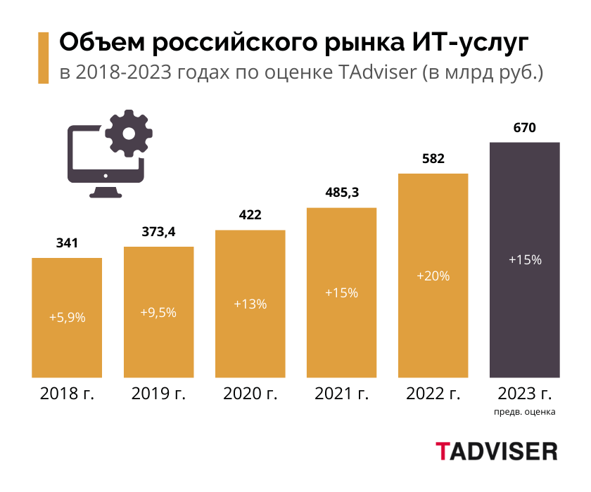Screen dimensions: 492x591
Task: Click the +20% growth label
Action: coord(433,276)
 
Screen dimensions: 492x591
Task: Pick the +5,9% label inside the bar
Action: coord(67,317)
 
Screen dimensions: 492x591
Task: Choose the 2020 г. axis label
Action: coord(250,394)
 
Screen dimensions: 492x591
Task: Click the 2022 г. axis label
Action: coord(433,394)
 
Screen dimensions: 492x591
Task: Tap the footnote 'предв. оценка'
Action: coord(524,412)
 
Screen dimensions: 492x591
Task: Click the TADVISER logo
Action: coord(496,451)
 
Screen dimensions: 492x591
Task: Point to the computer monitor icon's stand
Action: coord(105,190)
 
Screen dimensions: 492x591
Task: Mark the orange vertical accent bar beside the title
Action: coord(43,58)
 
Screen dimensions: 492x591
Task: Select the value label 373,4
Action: coord(159,231)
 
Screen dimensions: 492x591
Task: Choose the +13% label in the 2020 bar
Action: coord(250,304)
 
